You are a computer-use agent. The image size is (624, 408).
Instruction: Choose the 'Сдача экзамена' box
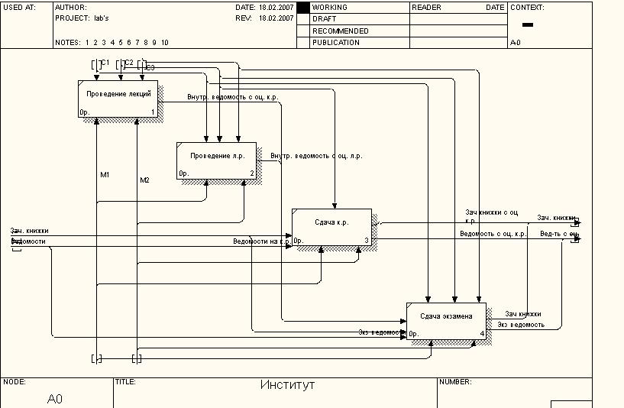446,321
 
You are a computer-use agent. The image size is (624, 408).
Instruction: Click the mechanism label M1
105,175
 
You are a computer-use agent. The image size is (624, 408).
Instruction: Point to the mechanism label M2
144,180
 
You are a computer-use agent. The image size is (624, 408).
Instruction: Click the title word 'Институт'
287,385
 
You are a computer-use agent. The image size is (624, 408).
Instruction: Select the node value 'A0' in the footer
55,399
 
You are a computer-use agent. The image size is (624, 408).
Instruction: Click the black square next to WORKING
302,8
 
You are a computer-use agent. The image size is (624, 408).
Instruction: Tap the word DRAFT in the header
325,19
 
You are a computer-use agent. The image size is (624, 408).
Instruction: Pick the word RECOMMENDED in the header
340,31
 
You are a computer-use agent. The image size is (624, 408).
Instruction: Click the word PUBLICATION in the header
335,43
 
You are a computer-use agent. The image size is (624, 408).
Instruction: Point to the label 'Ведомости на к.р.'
262,241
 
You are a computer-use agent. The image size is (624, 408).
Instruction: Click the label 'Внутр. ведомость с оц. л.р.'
316,156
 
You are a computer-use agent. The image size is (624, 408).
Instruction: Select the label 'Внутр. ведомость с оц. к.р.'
233,97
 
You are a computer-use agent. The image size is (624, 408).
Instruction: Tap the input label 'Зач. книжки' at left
30,230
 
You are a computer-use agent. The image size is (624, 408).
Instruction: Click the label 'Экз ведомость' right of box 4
521,325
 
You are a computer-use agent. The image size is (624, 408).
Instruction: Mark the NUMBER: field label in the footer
456,381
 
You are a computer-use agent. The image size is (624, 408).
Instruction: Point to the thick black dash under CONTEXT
527,26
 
